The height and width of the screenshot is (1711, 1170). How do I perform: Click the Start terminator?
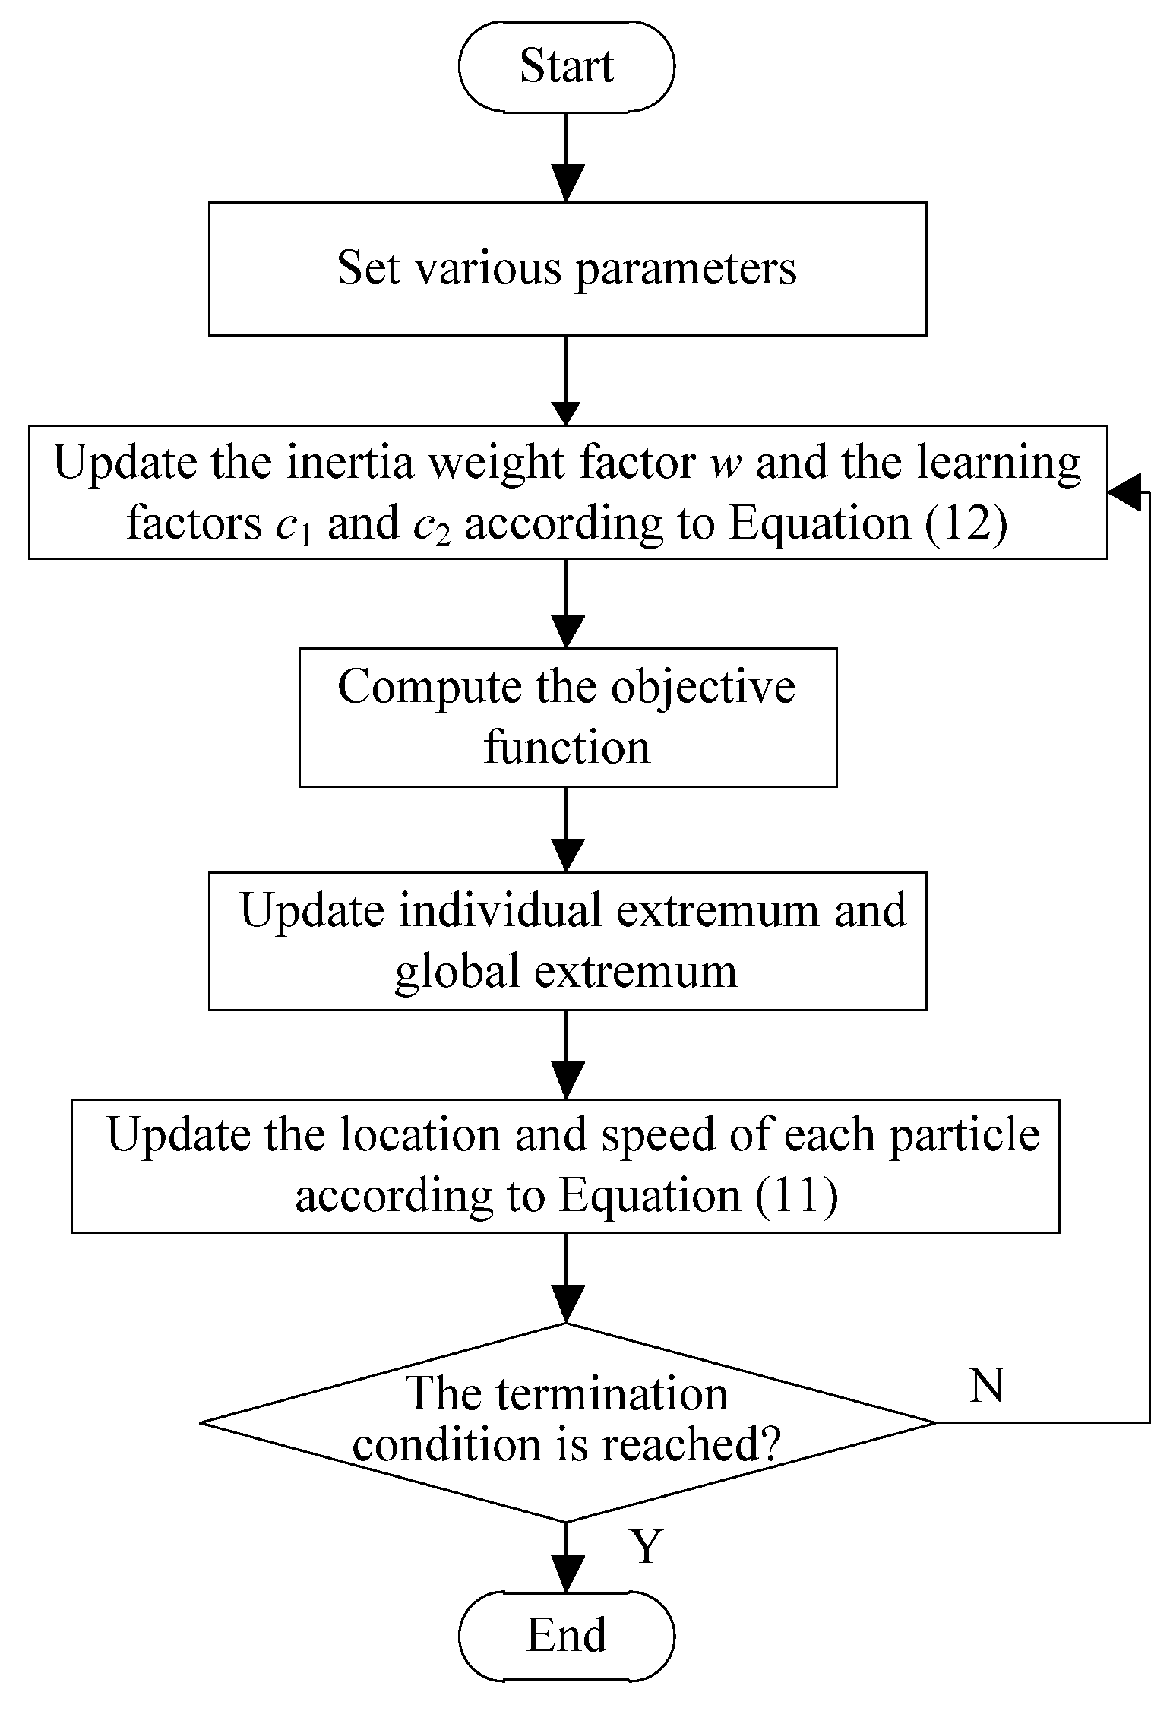tap(567, 66)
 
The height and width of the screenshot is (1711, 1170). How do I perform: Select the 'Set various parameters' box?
tap(567, 268)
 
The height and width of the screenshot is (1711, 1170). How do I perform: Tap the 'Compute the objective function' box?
tap(567, 716)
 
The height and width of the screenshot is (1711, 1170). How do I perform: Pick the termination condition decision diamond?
tap(567, 1422)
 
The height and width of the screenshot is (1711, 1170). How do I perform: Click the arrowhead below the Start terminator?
tap(567, 182)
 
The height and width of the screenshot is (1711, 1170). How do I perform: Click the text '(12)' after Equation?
tap(966, 523)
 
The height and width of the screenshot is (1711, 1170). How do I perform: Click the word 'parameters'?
tap(685, 270)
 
